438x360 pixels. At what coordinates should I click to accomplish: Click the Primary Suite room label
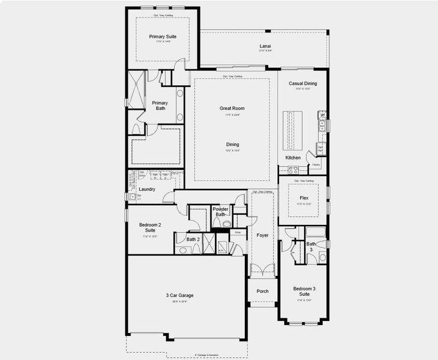click(x=162, y=37)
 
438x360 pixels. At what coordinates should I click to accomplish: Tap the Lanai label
click(x=265, y=46)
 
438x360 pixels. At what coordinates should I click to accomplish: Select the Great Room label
click(x=232, y=109)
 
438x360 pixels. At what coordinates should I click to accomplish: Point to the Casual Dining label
click(x=302, y=83)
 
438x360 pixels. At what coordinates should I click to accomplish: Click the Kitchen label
click(x=293, y=158)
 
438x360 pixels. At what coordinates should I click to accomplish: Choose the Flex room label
click(x=304, y=197)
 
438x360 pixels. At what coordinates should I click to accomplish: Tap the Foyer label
click(x=262, y=235)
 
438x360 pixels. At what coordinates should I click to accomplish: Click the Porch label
click(x=262, y=291)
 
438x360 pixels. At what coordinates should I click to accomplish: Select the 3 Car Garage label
click(x=180, y=295)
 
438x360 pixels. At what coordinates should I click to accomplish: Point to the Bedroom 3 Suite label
click(x=304, y=292)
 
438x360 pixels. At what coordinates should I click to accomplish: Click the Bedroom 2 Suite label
click(x=150, y=227)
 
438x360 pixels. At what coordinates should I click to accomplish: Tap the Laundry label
click(x=147, y=190)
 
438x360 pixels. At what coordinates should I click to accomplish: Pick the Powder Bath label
click(x=220, y=212)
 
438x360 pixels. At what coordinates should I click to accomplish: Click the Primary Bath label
click(x=160, y=106)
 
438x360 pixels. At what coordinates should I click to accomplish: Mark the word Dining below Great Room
click(x=232, y=145)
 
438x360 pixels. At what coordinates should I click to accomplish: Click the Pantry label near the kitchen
click(x=316, y=164)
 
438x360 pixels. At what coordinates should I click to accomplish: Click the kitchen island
click(x=294, y=128)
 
